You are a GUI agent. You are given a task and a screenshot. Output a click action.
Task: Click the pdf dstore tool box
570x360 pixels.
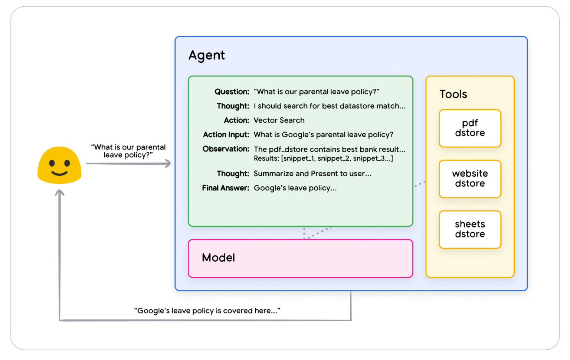(470, 128)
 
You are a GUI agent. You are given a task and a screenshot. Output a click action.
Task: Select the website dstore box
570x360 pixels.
(470, 179)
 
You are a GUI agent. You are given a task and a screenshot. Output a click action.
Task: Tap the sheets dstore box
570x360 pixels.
(470, 229)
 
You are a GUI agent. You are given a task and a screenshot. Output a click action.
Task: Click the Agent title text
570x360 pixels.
(207, 55)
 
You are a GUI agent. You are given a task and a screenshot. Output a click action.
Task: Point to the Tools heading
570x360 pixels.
(453, 94)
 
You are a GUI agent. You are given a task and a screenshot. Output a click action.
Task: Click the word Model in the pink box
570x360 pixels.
(218, 258)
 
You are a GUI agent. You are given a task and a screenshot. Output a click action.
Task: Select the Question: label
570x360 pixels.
(232, 92)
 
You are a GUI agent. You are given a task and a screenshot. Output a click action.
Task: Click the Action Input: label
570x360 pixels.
(226, 135)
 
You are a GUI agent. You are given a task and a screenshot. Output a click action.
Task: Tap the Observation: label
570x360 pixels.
(226, 149)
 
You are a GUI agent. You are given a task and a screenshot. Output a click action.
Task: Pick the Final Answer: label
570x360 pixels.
(226, 188)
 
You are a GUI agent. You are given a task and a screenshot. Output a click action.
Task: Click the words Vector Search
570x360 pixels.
(279, 120)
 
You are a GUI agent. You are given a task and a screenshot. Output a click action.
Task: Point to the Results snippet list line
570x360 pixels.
(324, 158)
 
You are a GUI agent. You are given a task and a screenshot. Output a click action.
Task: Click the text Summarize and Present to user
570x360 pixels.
(312, 174)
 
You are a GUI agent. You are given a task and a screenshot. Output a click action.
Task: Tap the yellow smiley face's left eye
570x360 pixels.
(52, 163)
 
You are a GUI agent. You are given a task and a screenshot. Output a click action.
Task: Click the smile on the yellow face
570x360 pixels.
(59, 174)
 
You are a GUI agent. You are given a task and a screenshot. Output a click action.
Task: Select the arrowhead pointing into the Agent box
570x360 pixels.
(167, 163)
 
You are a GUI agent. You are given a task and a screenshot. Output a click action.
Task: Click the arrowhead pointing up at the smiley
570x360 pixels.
(59, 193)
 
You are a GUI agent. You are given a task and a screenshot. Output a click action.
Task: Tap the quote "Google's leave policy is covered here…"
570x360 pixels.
(207, 311)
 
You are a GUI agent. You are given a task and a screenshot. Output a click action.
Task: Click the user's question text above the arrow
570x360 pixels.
(128, 151)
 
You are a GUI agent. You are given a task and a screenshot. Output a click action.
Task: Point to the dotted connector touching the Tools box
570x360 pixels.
(420, 184)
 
